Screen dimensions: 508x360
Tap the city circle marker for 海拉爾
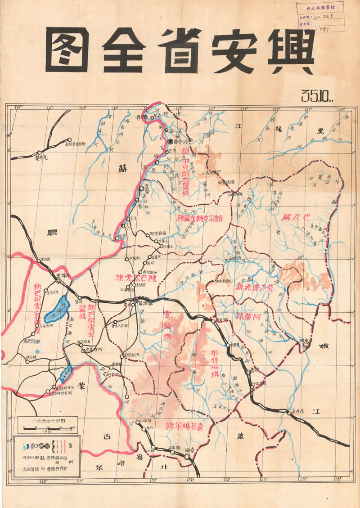tap(136, 301)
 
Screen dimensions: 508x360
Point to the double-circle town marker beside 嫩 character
tap(306, 345)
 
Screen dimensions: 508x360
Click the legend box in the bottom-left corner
tap(47, 454)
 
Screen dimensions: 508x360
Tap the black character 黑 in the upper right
tap(320, 131)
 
